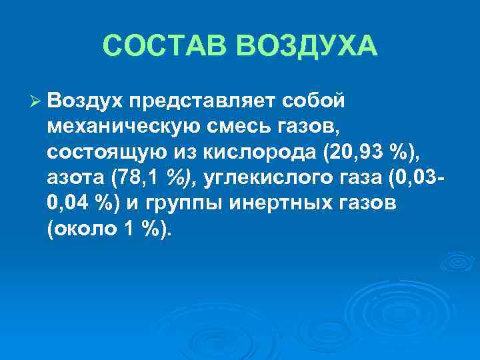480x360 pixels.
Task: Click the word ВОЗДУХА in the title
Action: coord(313,47)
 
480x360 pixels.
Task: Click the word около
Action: coord(84,230)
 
